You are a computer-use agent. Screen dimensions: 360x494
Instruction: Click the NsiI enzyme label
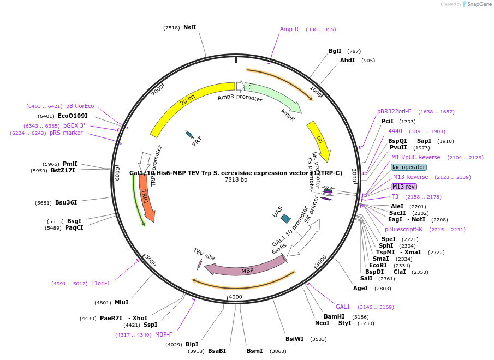point(189,27)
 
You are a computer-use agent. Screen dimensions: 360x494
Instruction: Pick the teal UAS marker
point(285,219)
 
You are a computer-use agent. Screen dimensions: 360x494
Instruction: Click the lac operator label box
point(409,167)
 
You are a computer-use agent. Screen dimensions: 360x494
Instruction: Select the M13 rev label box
point(403,187)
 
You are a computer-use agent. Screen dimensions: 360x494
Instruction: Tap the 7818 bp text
point(236,180)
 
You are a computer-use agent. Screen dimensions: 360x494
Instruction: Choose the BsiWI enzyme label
point(294,339)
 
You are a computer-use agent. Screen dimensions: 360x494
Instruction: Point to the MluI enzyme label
point(121,302)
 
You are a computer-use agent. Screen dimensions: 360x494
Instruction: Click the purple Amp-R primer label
point(289,29)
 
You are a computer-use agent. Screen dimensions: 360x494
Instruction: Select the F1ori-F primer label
point(100,283)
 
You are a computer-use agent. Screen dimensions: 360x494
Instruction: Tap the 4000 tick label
point(235,297)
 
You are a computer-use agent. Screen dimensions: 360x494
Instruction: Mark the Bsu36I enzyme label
point(66,202)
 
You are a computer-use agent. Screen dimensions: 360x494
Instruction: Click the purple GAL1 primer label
point(343,307)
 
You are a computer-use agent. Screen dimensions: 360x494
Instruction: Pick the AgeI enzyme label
point(360,288)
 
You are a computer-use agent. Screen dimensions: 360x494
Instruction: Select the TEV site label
point(204,254)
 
